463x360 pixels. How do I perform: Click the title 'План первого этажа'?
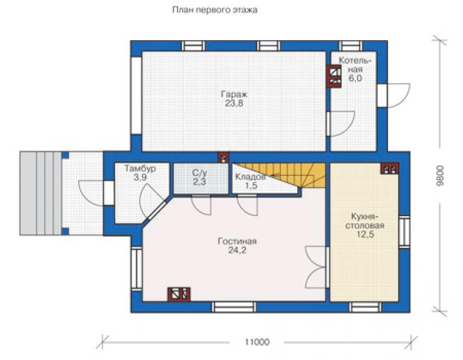pyautogui.click(x=215, y=10)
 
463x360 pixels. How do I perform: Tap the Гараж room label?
pyautogui.click(x=234, y=95)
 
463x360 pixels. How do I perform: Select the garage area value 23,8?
pyautogui.click(x=234, y=104)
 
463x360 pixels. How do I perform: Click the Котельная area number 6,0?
pyautogui.click(x=355, y=78)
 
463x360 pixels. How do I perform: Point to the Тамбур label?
pyautogui.click(x=140, y=169)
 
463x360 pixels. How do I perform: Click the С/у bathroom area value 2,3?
pyautogui.click(x=200, y=182)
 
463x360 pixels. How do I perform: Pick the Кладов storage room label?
pyautogui.click(x=250, y=177)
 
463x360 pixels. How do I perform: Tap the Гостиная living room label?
pyautogui.click(x=237, y=241)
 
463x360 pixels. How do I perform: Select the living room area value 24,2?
pyautogui.click(x=237, y=250)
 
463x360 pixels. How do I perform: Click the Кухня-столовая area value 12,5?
pyautogui.click(x=365, y=234)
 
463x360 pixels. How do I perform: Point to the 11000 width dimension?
pyautogui.click(x=257, y=342)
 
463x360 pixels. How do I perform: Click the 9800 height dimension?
pyautogui.click(x=440, y=175)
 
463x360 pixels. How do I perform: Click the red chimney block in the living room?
pyautogui.click(x=179, y=294)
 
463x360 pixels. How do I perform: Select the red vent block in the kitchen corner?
pyautogui.click(x=390, y=168)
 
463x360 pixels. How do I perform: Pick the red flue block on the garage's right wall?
pyautogui.click(x=334, y=76)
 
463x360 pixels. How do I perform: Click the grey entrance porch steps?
pyautogui.click(x=41, y=193)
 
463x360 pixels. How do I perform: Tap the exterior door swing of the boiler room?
pyautogui.click(x=399, y=95)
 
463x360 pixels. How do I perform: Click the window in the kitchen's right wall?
pyautogui.click(x=404, y=231)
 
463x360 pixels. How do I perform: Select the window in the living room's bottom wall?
pyautogui.click(x=235, y=307)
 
